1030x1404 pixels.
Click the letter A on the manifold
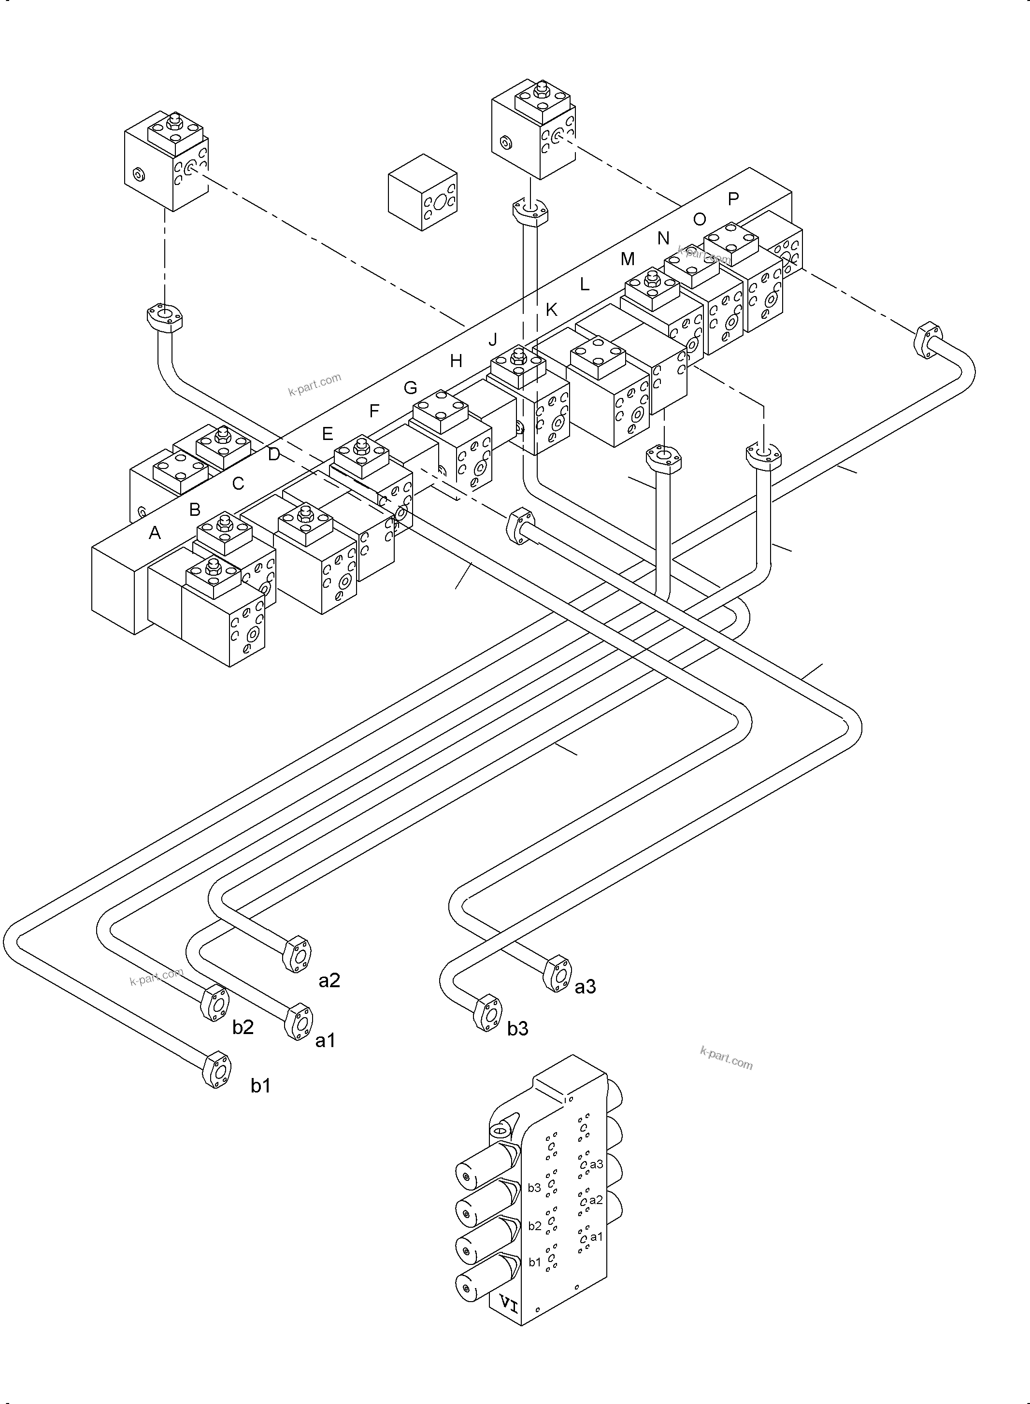[155, 533]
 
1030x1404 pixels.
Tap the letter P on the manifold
[733, 199]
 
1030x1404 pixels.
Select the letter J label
[493, 339]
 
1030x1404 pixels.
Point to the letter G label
[410, 388]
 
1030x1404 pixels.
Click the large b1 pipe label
[260, 1086]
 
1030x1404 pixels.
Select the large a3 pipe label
[585, 987]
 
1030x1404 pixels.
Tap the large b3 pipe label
[517, 1029]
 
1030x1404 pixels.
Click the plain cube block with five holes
[423, 193]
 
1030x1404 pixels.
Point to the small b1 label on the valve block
[534, 1262]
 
